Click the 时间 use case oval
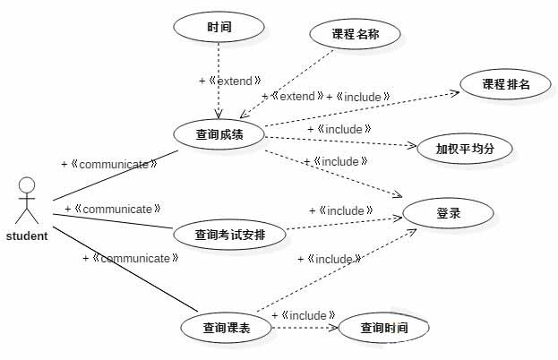pos(219,27)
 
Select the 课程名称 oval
pos(355,35)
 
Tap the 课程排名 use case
pos(506,85)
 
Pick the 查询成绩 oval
pos(219,135)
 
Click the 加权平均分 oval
pos(465,149)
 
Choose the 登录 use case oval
pos(448,213)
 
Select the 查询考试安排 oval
pos(228,236)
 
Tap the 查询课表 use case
pos(226,328)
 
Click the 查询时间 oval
pos(383,328)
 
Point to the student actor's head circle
pos(28,186)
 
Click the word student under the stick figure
pos(27,236)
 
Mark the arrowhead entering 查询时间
pos(335,328)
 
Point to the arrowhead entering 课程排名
pos(459,90)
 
